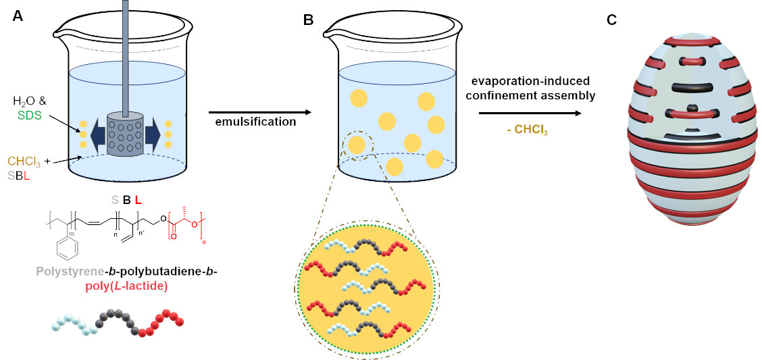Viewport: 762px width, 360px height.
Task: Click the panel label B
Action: (x=308, y=20)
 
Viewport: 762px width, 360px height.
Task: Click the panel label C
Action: (x=611, y=20)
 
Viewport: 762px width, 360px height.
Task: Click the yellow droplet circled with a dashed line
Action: (x=356, y=145)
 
